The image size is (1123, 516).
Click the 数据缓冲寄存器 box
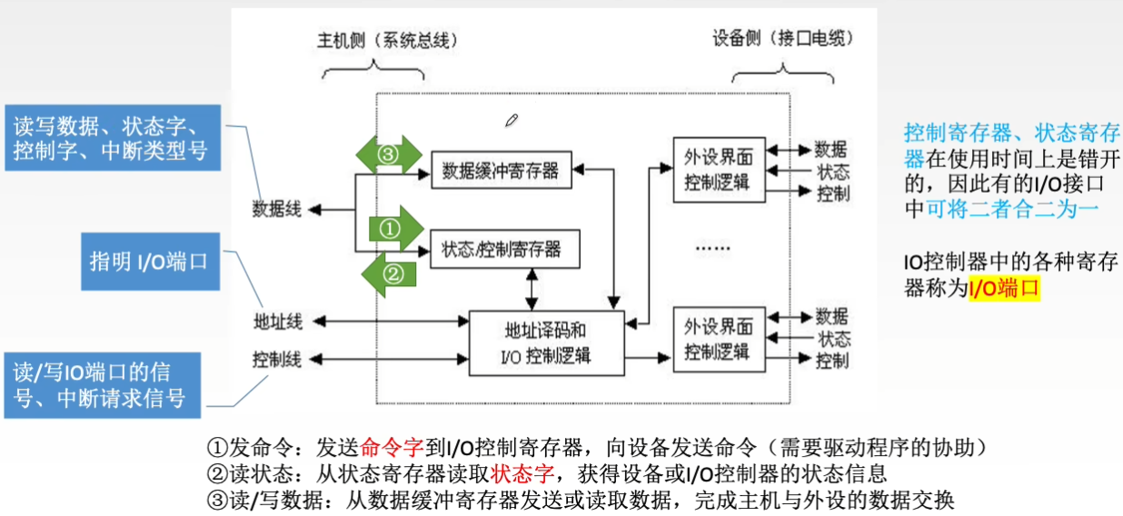502,169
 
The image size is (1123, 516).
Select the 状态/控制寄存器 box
502,248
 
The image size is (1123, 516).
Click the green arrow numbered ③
388,154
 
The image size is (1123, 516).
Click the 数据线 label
276,209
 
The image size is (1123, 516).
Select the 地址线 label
277,321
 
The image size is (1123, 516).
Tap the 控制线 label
277,359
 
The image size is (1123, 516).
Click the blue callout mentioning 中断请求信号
102,385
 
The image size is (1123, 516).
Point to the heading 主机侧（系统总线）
387,40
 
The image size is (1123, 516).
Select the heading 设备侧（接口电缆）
783,39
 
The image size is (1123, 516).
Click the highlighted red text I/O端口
1002,289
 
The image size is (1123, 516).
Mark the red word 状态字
522,473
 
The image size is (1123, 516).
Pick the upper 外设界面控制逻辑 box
718,169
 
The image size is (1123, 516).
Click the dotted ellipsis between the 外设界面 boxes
711,248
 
